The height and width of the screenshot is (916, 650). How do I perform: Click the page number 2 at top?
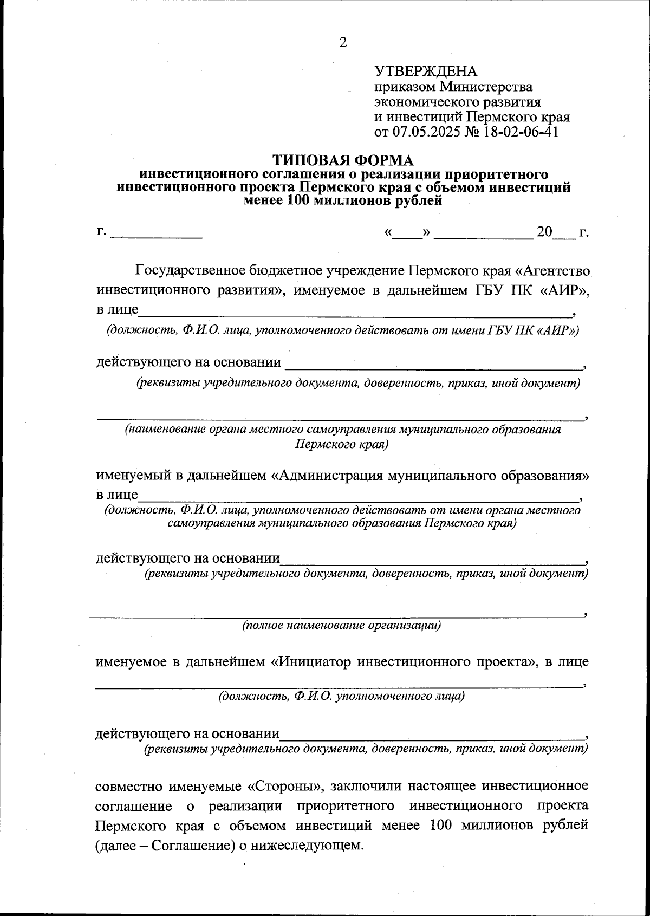pyautogui.click(x=342, y=43)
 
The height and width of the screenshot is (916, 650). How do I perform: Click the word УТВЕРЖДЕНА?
pyautogui.click(x=426, y=71)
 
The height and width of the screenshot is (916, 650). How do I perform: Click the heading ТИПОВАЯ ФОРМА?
pyautogui.click(x=342, y=160)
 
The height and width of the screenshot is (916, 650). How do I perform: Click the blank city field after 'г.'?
pyautogui.click(x=156, y=233)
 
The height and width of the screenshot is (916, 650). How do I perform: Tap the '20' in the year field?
pyautogui.click(x=544, y=232)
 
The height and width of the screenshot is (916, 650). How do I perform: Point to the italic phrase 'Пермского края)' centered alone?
pyautogui.click(x=342, y=444)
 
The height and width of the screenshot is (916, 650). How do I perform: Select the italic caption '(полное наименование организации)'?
pyautogui.click(x=341, y=626)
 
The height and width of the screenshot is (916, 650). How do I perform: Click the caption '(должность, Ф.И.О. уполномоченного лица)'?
pyautogui.click(x=341, y=696)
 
